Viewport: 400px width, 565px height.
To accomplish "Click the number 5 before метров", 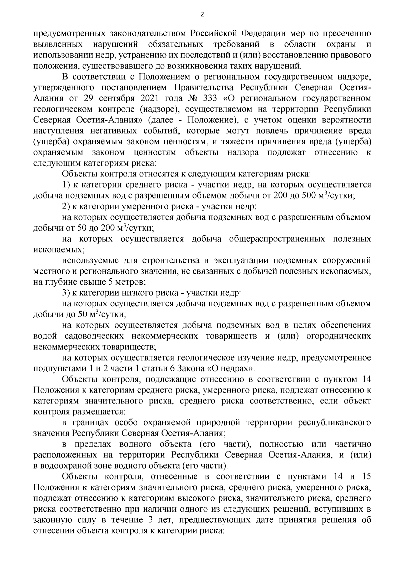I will tap(107, 282).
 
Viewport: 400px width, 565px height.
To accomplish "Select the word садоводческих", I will tap(94, 336).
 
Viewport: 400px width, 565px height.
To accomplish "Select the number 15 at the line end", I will tap(366, 477).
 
